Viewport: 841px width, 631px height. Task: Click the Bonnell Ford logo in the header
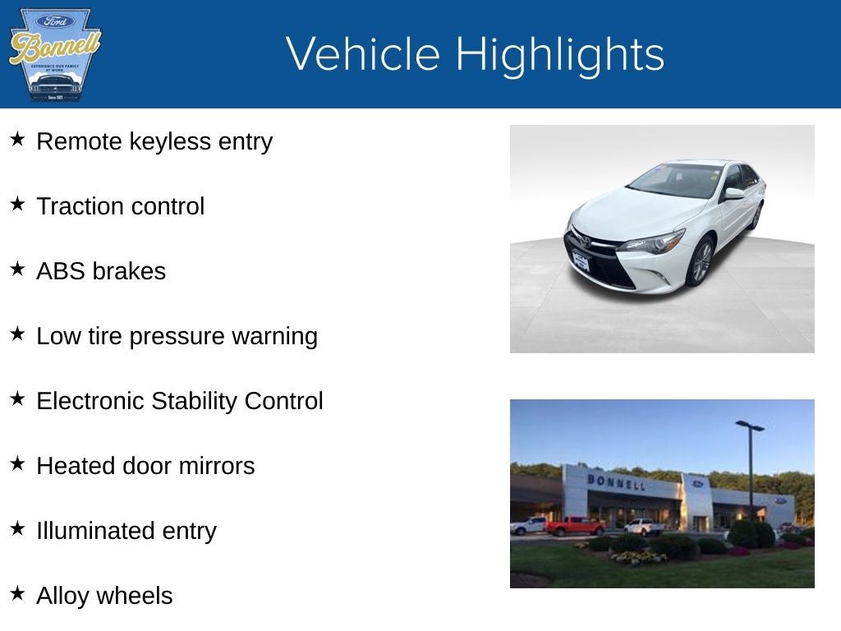[54, 54]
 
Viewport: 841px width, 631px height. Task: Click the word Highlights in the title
[559, 54]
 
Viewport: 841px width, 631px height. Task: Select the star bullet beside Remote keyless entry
[18, 140]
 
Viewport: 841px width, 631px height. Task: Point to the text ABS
[61, 271]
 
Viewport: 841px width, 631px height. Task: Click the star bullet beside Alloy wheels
[18, 593]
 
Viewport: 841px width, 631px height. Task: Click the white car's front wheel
[701, 260]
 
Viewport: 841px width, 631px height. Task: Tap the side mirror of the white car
[733, 194]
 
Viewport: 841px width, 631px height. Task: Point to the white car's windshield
[675, 179]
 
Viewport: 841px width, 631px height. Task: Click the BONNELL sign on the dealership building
[615, 481]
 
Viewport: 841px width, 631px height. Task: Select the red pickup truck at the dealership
[574, 526]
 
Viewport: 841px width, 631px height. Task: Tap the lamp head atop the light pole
[749, 426]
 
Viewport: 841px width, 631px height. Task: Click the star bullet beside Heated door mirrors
[18, 464]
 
